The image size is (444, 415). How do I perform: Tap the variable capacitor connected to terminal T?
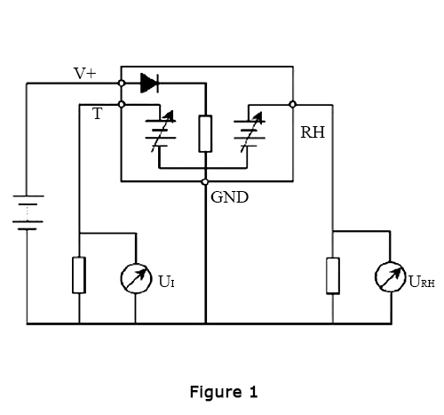(160, 133)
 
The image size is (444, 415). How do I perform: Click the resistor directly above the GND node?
(205, 133)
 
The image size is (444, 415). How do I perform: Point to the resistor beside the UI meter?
(79, 275)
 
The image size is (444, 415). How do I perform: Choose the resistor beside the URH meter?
(333, 275)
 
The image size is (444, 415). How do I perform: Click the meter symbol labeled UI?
(136, 278)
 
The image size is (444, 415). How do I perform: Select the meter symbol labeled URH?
(390, 276)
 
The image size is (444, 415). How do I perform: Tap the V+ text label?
(85, 74)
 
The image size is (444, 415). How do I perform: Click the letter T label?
(97, 114)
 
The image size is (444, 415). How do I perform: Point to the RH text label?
(313, 132)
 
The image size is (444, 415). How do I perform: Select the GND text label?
(229, 197)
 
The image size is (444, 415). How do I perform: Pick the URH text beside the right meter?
(421, 282)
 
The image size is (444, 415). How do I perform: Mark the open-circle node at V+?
(121, 84)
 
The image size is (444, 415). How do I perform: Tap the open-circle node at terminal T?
(121, 104)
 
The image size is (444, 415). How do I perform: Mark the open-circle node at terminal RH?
(292, 104)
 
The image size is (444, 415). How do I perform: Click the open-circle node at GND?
(205, 181)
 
